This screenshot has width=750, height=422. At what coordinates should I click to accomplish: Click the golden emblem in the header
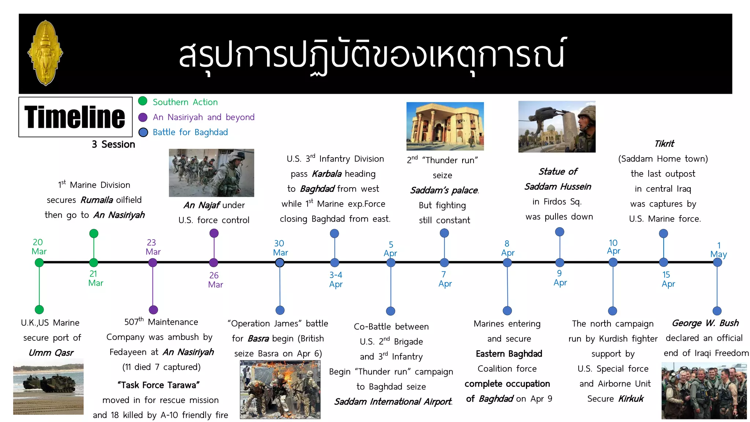click(x=45, y=53)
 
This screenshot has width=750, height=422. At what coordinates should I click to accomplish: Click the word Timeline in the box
click(x=75, y=117)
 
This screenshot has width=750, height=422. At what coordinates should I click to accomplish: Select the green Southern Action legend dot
click(x=143, y=101)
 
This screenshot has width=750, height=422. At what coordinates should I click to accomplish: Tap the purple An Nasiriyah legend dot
click(x=143, y=117)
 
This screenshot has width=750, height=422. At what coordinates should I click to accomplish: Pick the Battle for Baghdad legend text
click(x=190, y=132)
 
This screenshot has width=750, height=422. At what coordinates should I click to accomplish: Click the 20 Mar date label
click(x=39, y=247)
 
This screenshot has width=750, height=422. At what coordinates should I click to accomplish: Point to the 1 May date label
click(x=719, y=250)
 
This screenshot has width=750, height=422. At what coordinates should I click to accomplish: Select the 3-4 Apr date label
click(x=336, y=280)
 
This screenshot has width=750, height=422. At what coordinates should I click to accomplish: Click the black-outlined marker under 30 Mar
click(x=280, y=263)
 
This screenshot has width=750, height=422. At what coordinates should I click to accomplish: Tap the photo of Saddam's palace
click(x=445, y=126)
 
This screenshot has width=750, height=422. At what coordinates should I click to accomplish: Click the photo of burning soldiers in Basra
click(x=280, y=389)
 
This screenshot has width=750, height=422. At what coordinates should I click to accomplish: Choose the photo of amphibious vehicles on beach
click(x=48, y=387)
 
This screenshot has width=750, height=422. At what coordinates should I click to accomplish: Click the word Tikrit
click(x=664, y=144)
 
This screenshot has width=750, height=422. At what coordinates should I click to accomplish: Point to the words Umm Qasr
click(x=51, y=353)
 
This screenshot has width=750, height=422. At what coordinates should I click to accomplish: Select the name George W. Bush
click(x=705, y=323)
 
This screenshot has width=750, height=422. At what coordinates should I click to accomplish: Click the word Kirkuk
click(x=631, y=399)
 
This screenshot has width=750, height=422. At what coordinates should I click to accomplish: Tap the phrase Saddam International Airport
click(x=393, y=401)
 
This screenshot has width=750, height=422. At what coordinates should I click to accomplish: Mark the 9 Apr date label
click(x=560, y=278)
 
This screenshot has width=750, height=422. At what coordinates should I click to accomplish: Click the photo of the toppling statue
click(x=557, y=127)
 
